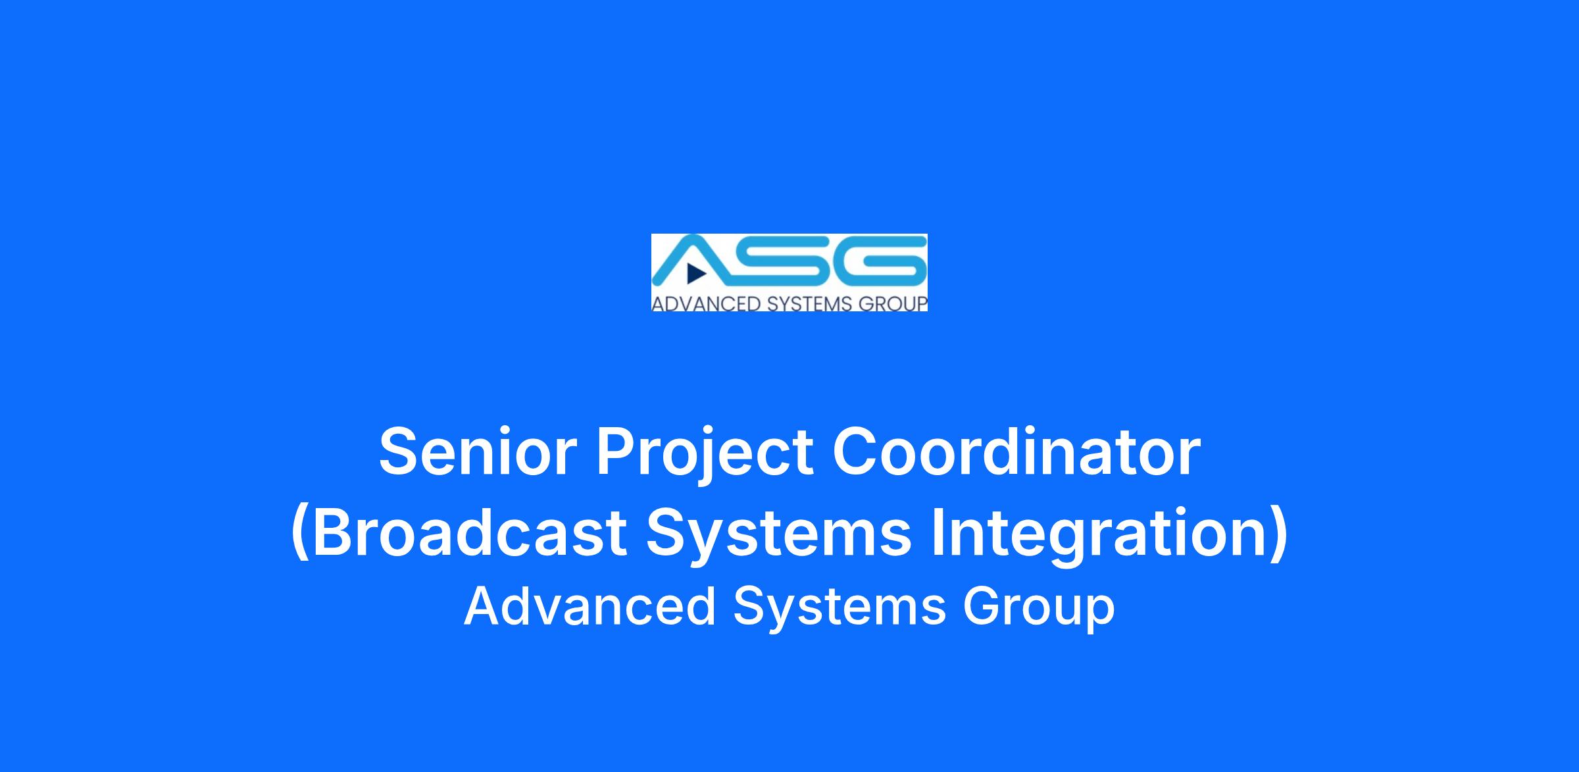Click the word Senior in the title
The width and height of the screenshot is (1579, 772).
coord(478,452)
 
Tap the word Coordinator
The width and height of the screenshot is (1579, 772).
coord(1016,452)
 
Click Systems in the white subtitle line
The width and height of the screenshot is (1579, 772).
coord(840,609)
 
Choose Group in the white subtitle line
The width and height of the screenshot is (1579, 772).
coord(1039,609)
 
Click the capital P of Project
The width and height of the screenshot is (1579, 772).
coord(616,451)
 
